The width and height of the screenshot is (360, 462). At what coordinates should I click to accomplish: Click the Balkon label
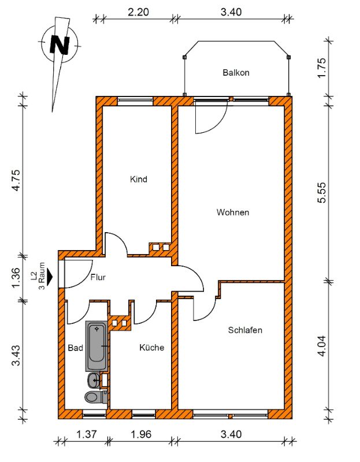(x=236, y=73)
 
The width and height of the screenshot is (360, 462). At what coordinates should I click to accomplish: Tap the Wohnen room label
(x=233, y=212)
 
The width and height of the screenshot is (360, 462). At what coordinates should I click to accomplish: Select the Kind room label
(x=138, y=179)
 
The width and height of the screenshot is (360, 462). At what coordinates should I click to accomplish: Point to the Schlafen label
(x=245, y=330)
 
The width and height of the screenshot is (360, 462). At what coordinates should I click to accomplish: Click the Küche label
(x=151, y=348)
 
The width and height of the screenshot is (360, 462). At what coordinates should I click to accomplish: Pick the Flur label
(x=98, y=277)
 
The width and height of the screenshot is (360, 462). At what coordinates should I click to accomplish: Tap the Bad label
(x=76, y=348)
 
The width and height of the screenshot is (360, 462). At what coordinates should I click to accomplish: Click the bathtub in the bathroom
(x=96, y=346)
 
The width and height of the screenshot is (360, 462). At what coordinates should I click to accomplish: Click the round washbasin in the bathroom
(x=94, y=381)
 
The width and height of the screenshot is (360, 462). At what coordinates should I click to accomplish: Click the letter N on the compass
(x=60, y=45)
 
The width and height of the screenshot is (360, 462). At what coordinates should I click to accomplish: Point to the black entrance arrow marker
(x=50, y=277)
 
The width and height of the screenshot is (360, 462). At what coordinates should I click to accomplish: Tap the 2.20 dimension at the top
(x=138, y=12)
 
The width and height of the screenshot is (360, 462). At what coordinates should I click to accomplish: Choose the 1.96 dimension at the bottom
(x=141, y=434)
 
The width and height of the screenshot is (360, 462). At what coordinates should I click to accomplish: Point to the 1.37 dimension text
(x=86, y=434)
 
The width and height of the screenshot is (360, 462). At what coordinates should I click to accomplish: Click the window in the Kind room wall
(x=135, y=100)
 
